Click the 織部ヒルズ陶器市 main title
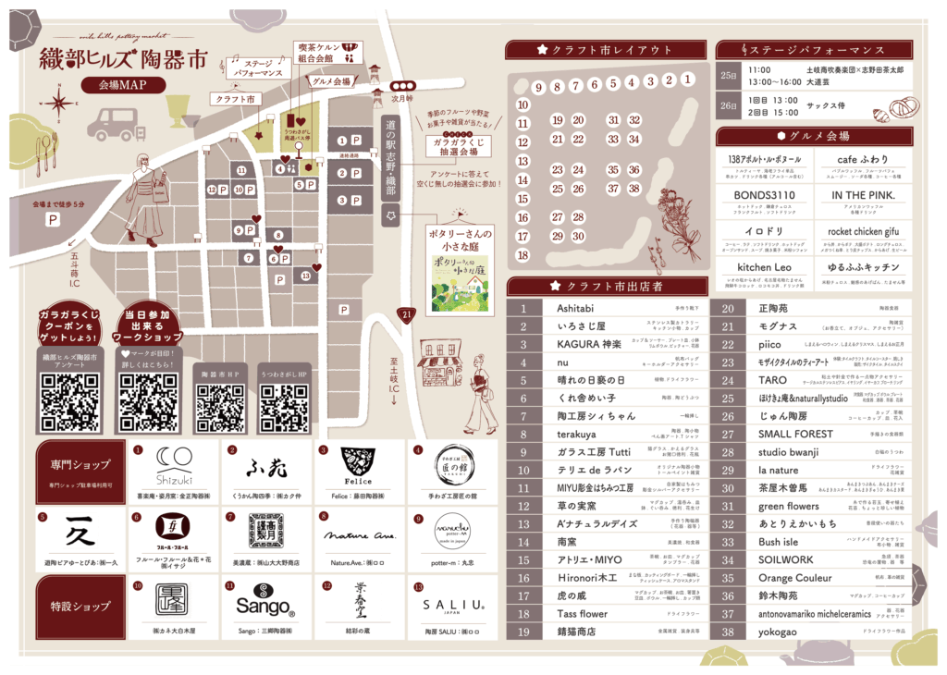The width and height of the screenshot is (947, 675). tap(123, 61)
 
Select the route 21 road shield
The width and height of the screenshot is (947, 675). tap(404, 316)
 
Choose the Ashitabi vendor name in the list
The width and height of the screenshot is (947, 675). tap(576, 309)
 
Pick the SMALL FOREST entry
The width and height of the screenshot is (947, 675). tap(795, 434)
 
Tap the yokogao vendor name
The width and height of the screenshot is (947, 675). tap(777, 631)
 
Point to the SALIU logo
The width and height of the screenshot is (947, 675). tap(453, 605)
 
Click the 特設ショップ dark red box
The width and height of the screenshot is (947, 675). tap(80, 606)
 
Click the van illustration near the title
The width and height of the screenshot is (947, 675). tap(114, 122)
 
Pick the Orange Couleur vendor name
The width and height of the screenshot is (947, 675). tap(795, 577)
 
